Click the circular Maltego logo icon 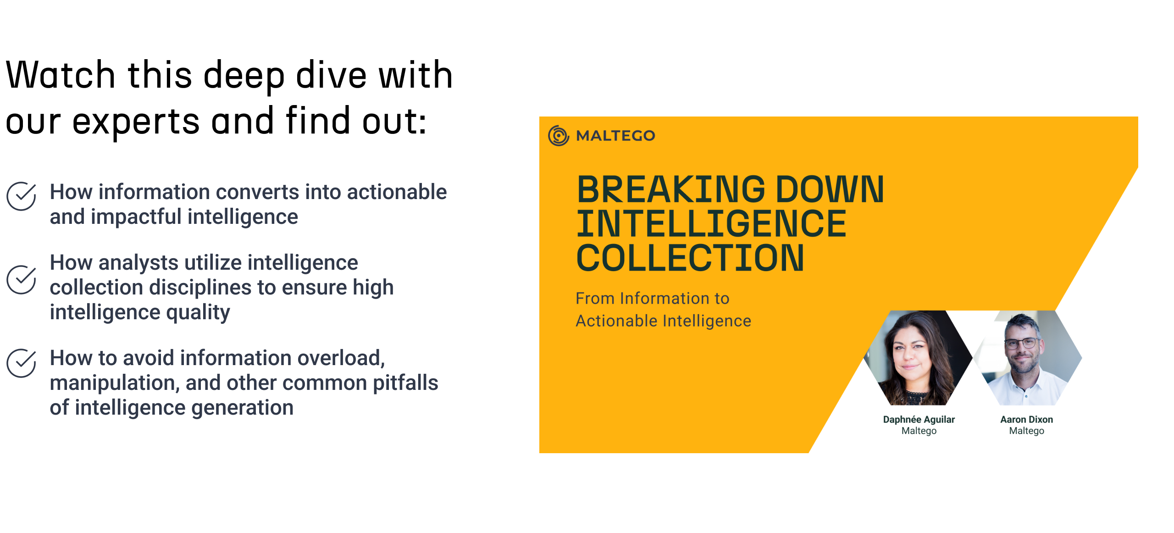[559, 135]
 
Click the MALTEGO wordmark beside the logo [615, 136]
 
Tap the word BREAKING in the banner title [671, 189]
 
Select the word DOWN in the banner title [830, 189]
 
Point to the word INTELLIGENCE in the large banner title [711, 223]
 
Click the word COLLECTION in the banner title [690, 258]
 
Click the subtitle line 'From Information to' [653, 299]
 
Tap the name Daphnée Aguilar [919, 419]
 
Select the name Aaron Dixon [1027, 419]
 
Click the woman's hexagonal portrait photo [918, 358]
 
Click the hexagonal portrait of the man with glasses [1028, 358]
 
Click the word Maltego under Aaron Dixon [1027, 431]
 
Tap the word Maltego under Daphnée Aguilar [919, 431]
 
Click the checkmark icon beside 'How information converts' [21, 196]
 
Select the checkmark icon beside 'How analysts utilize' [21, 280]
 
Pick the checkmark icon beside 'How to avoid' [21, 363]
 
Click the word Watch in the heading [60, 74]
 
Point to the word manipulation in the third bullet [114, 383]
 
